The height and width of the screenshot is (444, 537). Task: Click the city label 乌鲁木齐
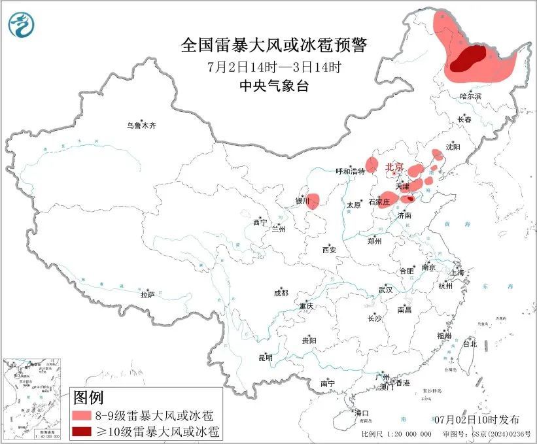point(142,125)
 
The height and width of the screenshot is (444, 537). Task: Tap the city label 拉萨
point(147,295)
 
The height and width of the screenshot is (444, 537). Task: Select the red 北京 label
point(395,167)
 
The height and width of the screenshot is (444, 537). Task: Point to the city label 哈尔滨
point(470,96)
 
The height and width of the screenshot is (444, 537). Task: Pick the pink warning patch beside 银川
point(313,200)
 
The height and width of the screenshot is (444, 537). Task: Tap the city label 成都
point(281,294)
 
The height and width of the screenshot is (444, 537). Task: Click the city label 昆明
point(266,358)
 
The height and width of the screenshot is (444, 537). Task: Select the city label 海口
point(362,413)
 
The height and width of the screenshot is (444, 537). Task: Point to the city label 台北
point(469,343)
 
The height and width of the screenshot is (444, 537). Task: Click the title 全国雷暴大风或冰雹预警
point(274,45)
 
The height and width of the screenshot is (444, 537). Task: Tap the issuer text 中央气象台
point(273,86)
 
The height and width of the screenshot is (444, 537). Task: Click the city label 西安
point(329,250)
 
